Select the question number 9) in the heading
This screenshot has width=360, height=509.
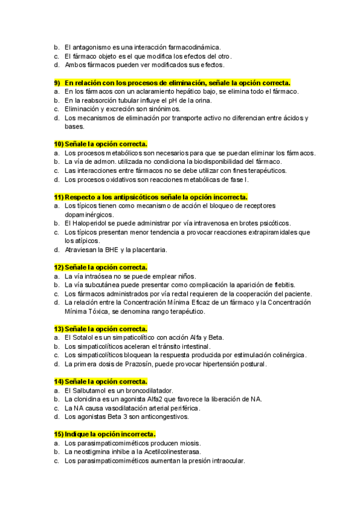point(58,82)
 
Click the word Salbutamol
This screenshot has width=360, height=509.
point(89,390)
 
